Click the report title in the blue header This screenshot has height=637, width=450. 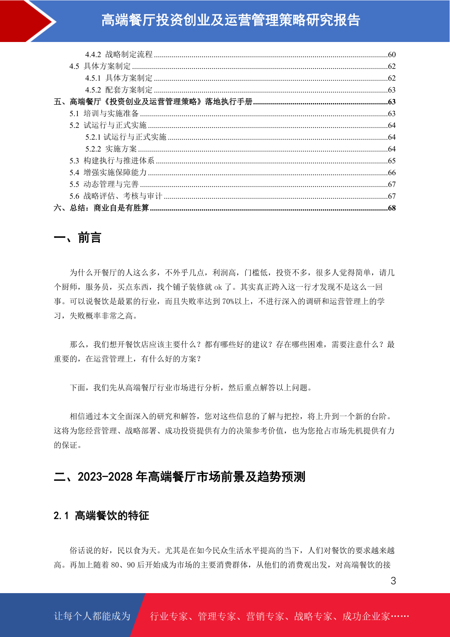[x=230, y=20]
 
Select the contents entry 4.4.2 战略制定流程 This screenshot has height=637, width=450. [x=119, y=54]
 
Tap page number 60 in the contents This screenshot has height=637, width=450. [x=392, y=54]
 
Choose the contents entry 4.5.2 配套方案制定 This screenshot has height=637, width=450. [x=119, y=90]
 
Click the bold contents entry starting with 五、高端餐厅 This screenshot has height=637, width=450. [x=153, y=102]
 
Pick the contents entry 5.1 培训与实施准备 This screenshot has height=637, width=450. [x=104, y=113]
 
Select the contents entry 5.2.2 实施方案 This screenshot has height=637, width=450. [x=111, y=149]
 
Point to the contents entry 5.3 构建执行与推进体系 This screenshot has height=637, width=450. [x=112, y=161]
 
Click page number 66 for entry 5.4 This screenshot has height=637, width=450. [x=392, y=172]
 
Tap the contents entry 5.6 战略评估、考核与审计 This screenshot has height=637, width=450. [x=116, y=196]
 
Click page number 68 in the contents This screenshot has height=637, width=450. [x=392, y=208]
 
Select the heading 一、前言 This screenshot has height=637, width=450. [x=77, y=238]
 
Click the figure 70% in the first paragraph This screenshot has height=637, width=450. [x=228, y=301]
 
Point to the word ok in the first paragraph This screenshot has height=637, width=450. [x=218, y=287]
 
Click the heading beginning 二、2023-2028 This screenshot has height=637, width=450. [x=179, y=477]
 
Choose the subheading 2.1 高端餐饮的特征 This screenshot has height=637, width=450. [x=101, y=516]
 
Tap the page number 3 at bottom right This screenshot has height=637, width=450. [x=393, y=581]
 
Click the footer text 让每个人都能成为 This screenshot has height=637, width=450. [x=92, y=616]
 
